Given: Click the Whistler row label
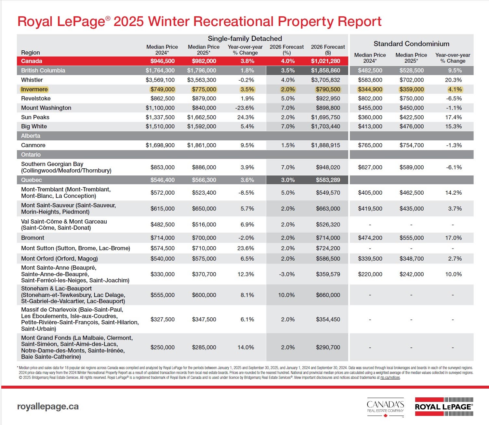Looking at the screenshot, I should tap(32, 80).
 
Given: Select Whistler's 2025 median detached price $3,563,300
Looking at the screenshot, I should tap(202, 80).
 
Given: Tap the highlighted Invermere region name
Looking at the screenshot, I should tap(34, 89).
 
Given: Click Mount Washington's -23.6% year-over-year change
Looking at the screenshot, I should tap(245, 108).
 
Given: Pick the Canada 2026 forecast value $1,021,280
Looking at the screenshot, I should tap(325, 61).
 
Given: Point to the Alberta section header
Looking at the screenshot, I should tap(31, 136).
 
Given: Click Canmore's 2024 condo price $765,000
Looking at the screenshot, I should tap(370, 145).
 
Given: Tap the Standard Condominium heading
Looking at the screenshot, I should tap(411, 44).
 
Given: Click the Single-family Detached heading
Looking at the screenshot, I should tap(245, 38).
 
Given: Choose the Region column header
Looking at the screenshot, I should tap(31, 53).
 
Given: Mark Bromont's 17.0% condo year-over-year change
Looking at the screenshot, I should tap(453, 238).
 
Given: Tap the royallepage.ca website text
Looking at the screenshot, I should tap(48, 406).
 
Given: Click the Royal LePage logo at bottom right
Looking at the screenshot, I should tap(444, 406).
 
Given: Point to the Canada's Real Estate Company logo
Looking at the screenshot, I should tap(385, 407).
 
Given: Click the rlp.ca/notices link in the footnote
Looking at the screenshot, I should tap(390, 378).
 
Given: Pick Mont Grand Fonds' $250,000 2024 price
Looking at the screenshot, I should tap(163, 347).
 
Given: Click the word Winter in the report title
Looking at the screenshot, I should tap(169, 21).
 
